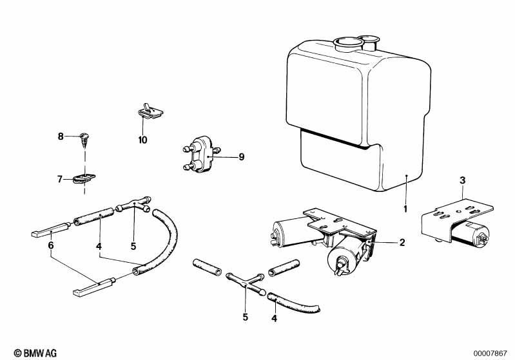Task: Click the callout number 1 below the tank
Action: point(405,209)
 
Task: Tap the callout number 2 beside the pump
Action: point(402,243)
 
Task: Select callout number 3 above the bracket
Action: point(462,180)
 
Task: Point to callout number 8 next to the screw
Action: point(61,136)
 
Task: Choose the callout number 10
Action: point(143,139)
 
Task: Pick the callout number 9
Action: point(224,156)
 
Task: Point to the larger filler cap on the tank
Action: point(345,44)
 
